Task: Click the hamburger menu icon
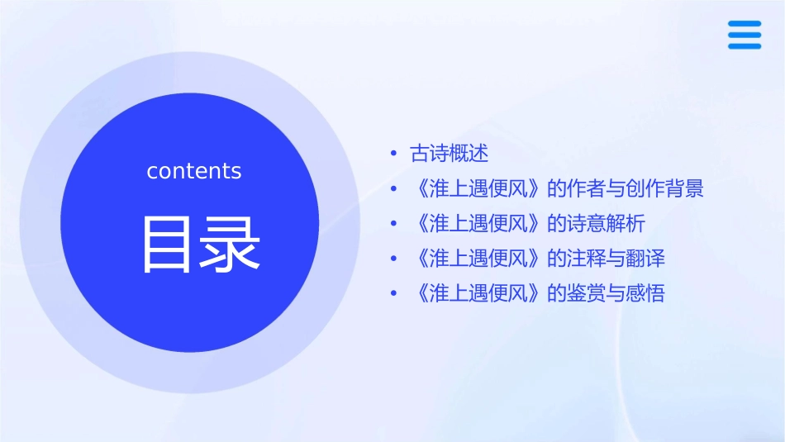pyautogui.click(x=745, y=36)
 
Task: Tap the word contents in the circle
pyautogui.click(x=194, y=171)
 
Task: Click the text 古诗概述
pyautogui.click(x=450, y=153)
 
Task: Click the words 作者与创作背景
pyautogui.click(x=635, y=188)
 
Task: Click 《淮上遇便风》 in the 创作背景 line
pyautogui.click(x=478, y=188)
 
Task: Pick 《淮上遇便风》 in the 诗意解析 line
pyautogui.click(x=478, y=223)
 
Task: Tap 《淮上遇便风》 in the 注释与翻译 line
pyautogui.click(x=478, y=259)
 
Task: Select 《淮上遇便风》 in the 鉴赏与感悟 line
pyautogui.click(x=478, y=293)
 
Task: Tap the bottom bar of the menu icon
pyautogui.click(x=745, y=46)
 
